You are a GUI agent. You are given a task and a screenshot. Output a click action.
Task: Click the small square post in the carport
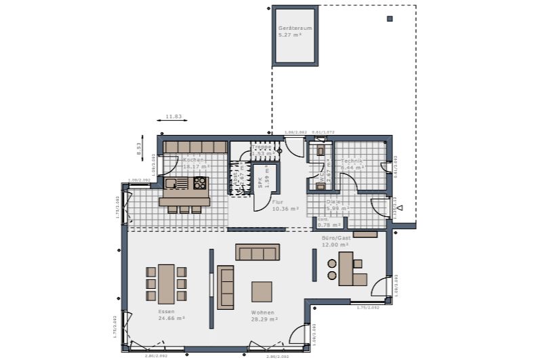[x=390, y=18]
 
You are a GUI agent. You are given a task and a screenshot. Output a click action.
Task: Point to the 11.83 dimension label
[x=173, y=117]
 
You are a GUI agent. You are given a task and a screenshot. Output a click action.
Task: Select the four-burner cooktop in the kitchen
[x=200, y=182]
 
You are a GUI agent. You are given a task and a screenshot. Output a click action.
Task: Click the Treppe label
[x=262, y=146]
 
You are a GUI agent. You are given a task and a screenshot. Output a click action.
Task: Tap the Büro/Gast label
[x=335, y=239]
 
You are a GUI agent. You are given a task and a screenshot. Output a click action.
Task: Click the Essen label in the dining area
[x=167, y=311]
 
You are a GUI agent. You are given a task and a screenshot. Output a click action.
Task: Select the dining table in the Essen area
[x=167, y=283]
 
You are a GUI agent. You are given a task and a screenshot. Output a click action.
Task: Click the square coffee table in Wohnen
[x=262, y=292]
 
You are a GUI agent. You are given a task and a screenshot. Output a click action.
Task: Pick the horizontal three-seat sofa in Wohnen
[x=258, y=252]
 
